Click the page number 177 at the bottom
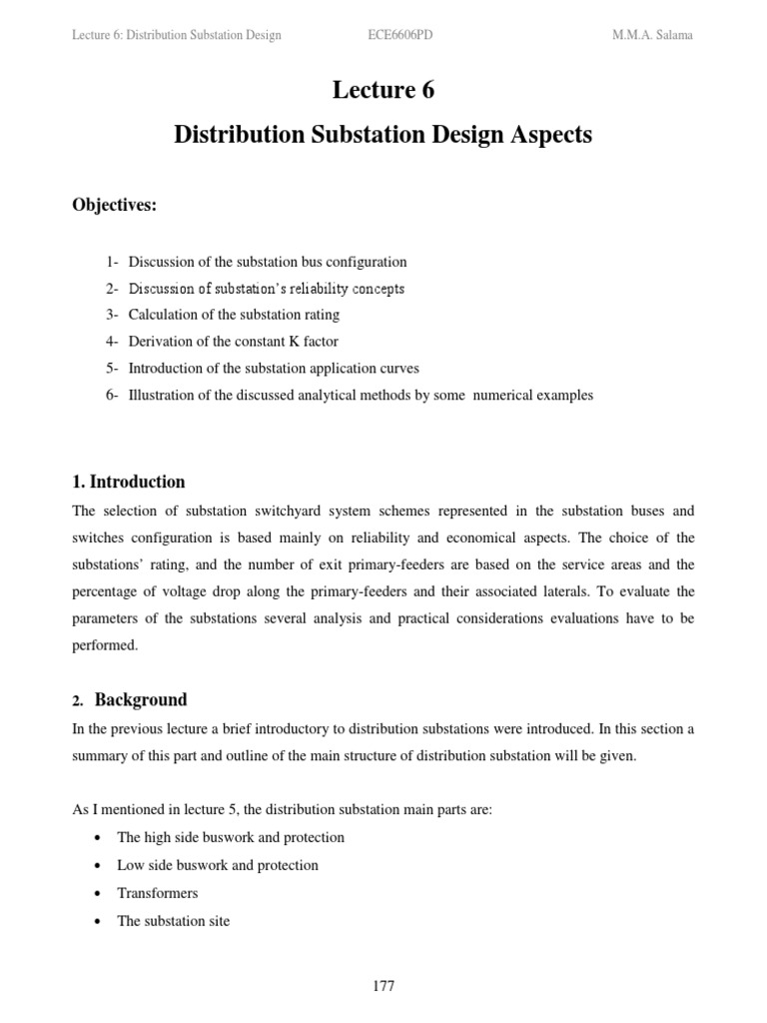(x=383, y=986)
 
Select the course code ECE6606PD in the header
(x=400, y=35)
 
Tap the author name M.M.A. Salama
(x=652, y=35)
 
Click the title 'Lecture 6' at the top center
(x=383, y=90)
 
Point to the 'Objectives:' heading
(x=115, y=205)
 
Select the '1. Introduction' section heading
(x=129, y=482)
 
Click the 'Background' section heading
(x=141, y=699)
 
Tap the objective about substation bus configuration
(x=268, y=262)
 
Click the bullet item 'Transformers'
(x=158, y=893)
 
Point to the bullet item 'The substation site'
(x=174, y=921)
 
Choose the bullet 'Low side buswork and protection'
(x=218, y=865)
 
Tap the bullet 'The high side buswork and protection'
(x=231, y=837)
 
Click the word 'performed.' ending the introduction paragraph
(x=105, y=646)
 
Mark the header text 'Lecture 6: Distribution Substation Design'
(x=177, y=35)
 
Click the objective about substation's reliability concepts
(x=267, y=289)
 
